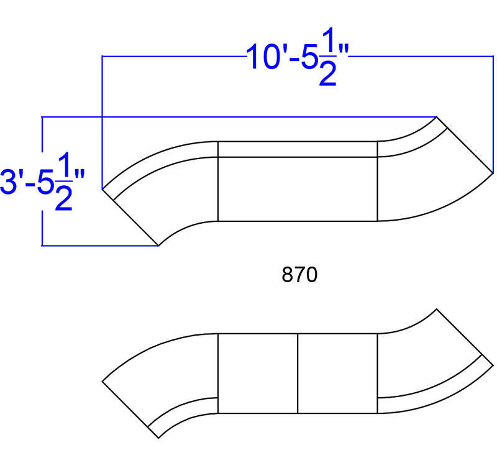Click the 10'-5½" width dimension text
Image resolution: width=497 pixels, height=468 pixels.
point(298,57)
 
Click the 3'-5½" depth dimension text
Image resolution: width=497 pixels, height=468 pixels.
point(43,182)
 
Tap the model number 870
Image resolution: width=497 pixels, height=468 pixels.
point(299,275)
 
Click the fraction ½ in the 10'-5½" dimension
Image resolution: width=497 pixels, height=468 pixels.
point(328,57)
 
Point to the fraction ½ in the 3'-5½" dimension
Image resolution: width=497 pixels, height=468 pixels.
point(64,181)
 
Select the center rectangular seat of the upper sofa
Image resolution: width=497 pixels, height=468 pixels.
point(298,189)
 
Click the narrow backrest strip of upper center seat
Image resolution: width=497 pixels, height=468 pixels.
point(298,149)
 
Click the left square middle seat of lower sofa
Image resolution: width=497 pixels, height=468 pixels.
point(258,373)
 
